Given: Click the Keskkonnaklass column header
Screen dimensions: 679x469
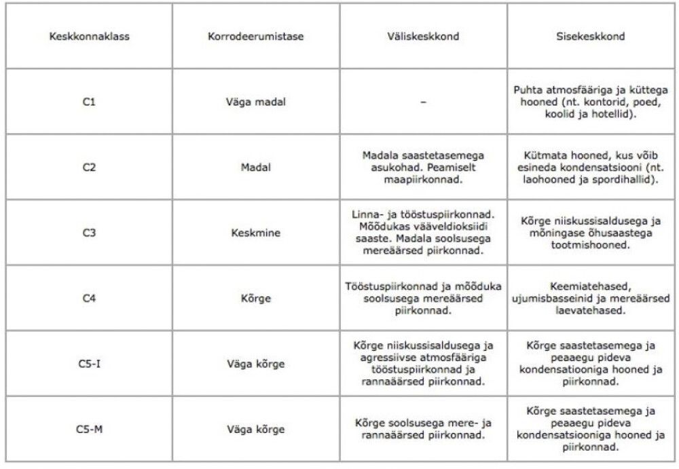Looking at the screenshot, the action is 90,36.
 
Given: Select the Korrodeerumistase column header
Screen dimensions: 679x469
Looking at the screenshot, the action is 255,36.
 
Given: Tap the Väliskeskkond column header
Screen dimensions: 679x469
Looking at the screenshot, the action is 423,36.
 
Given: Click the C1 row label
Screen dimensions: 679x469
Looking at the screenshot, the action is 90,102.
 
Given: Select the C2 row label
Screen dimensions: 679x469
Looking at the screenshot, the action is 90,167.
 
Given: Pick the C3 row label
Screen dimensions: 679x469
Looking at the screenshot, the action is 90,232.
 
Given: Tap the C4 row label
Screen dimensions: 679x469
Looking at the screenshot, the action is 90,298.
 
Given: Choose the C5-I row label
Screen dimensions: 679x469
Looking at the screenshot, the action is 90,363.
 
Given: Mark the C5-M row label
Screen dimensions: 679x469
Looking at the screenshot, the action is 90,429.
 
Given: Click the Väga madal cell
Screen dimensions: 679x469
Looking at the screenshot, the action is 255,102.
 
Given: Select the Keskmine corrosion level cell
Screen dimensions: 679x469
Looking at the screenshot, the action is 255,232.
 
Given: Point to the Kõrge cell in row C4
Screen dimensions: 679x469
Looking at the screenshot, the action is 255,298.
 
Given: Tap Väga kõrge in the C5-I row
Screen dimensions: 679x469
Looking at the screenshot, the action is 255,363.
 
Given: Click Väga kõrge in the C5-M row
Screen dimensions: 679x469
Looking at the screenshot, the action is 255,429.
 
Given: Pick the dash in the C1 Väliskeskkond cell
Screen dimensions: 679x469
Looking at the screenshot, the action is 423,102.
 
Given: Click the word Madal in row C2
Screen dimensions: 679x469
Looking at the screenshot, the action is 255,167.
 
